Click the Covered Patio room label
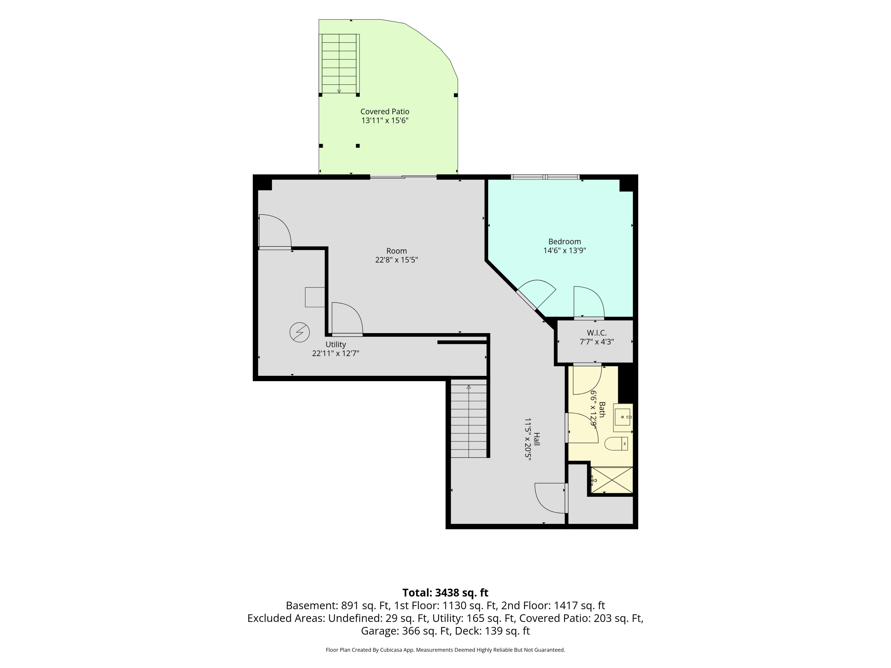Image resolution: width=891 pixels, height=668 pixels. click(x=385, y=112)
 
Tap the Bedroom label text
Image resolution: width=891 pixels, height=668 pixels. click(x=564, y=242)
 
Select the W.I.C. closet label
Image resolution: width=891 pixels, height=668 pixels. click(x=597, y=333)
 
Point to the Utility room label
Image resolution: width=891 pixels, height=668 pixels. click(x=336, y=345)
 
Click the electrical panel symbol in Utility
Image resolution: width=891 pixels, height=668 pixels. click(x=300, y=333)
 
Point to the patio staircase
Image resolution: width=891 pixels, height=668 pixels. click(x=339, y=64)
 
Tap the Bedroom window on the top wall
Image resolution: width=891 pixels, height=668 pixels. click(x=545, y=177)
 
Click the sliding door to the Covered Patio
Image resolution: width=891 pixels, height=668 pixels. click(x=403, y=177)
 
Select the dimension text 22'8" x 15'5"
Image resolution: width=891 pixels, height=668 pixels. click(x=396, y=260)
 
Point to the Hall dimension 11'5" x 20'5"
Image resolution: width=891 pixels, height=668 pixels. click(x=528, y=439)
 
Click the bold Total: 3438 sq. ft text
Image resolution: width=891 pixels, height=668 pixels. click(x=445, y=593)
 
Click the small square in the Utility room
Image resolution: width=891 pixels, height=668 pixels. click(x=315, y=297)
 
